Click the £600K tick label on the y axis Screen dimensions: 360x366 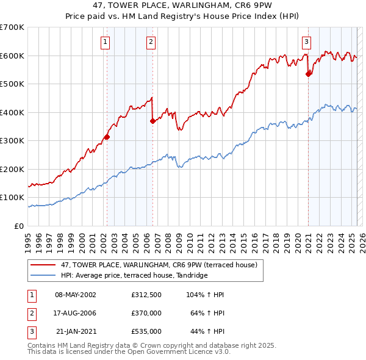pyautogui.click(x=12, y=56)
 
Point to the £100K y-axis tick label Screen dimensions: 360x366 pyautogui.click(x=12, y=198)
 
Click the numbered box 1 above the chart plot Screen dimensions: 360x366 pyautogui.click(x=106, y=42)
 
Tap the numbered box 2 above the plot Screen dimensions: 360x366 pyautogui.click(x=151, y=42)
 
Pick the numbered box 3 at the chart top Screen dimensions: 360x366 pyautogui.click(x=306, y=42)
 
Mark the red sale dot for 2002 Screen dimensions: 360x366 pyautogui.click(x=107, y=137)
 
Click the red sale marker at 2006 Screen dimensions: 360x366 pyautogui.click(x=152, y=121)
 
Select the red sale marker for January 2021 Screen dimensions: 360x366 pyautogui.click(x=309, y=74)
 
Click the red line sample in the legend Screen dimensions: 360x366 pyautogui.click(x=44, y=264)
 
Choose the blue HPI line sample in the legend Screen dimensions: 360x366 pyautogui.click(x=44, y=275)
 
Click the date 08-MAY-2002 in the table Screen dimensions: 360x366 pyautogui.click(x=76, y=295)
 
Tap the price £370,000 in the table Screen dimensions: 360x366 pyautogui.click(x=146, y=313)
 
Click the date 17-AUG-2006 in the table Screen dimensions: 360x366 pyautogui.click(x=76, y=313)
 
